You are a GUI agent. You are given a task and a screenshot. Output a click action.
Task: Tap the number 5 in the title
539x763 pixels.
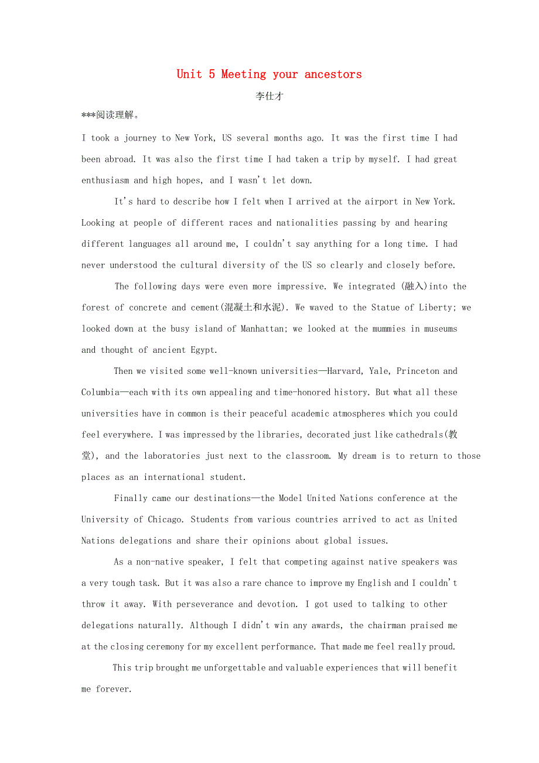[211, 74]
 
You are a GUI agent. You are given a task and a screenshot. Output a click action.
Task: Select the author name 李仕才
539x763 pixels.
[269, 96]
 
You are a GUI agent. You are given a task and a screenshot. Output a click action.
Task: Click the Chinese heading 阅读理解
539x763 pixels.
[115, 115]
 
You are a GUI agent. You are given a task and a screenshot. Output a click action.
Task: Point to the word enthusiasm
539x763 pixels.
[105, 180]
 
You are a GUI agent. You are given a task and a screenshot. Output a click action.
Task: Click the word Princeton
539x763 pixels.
[417, 371]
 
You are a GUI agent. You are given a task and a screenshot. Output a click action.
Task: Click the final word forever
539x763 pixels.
[114, 689]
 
